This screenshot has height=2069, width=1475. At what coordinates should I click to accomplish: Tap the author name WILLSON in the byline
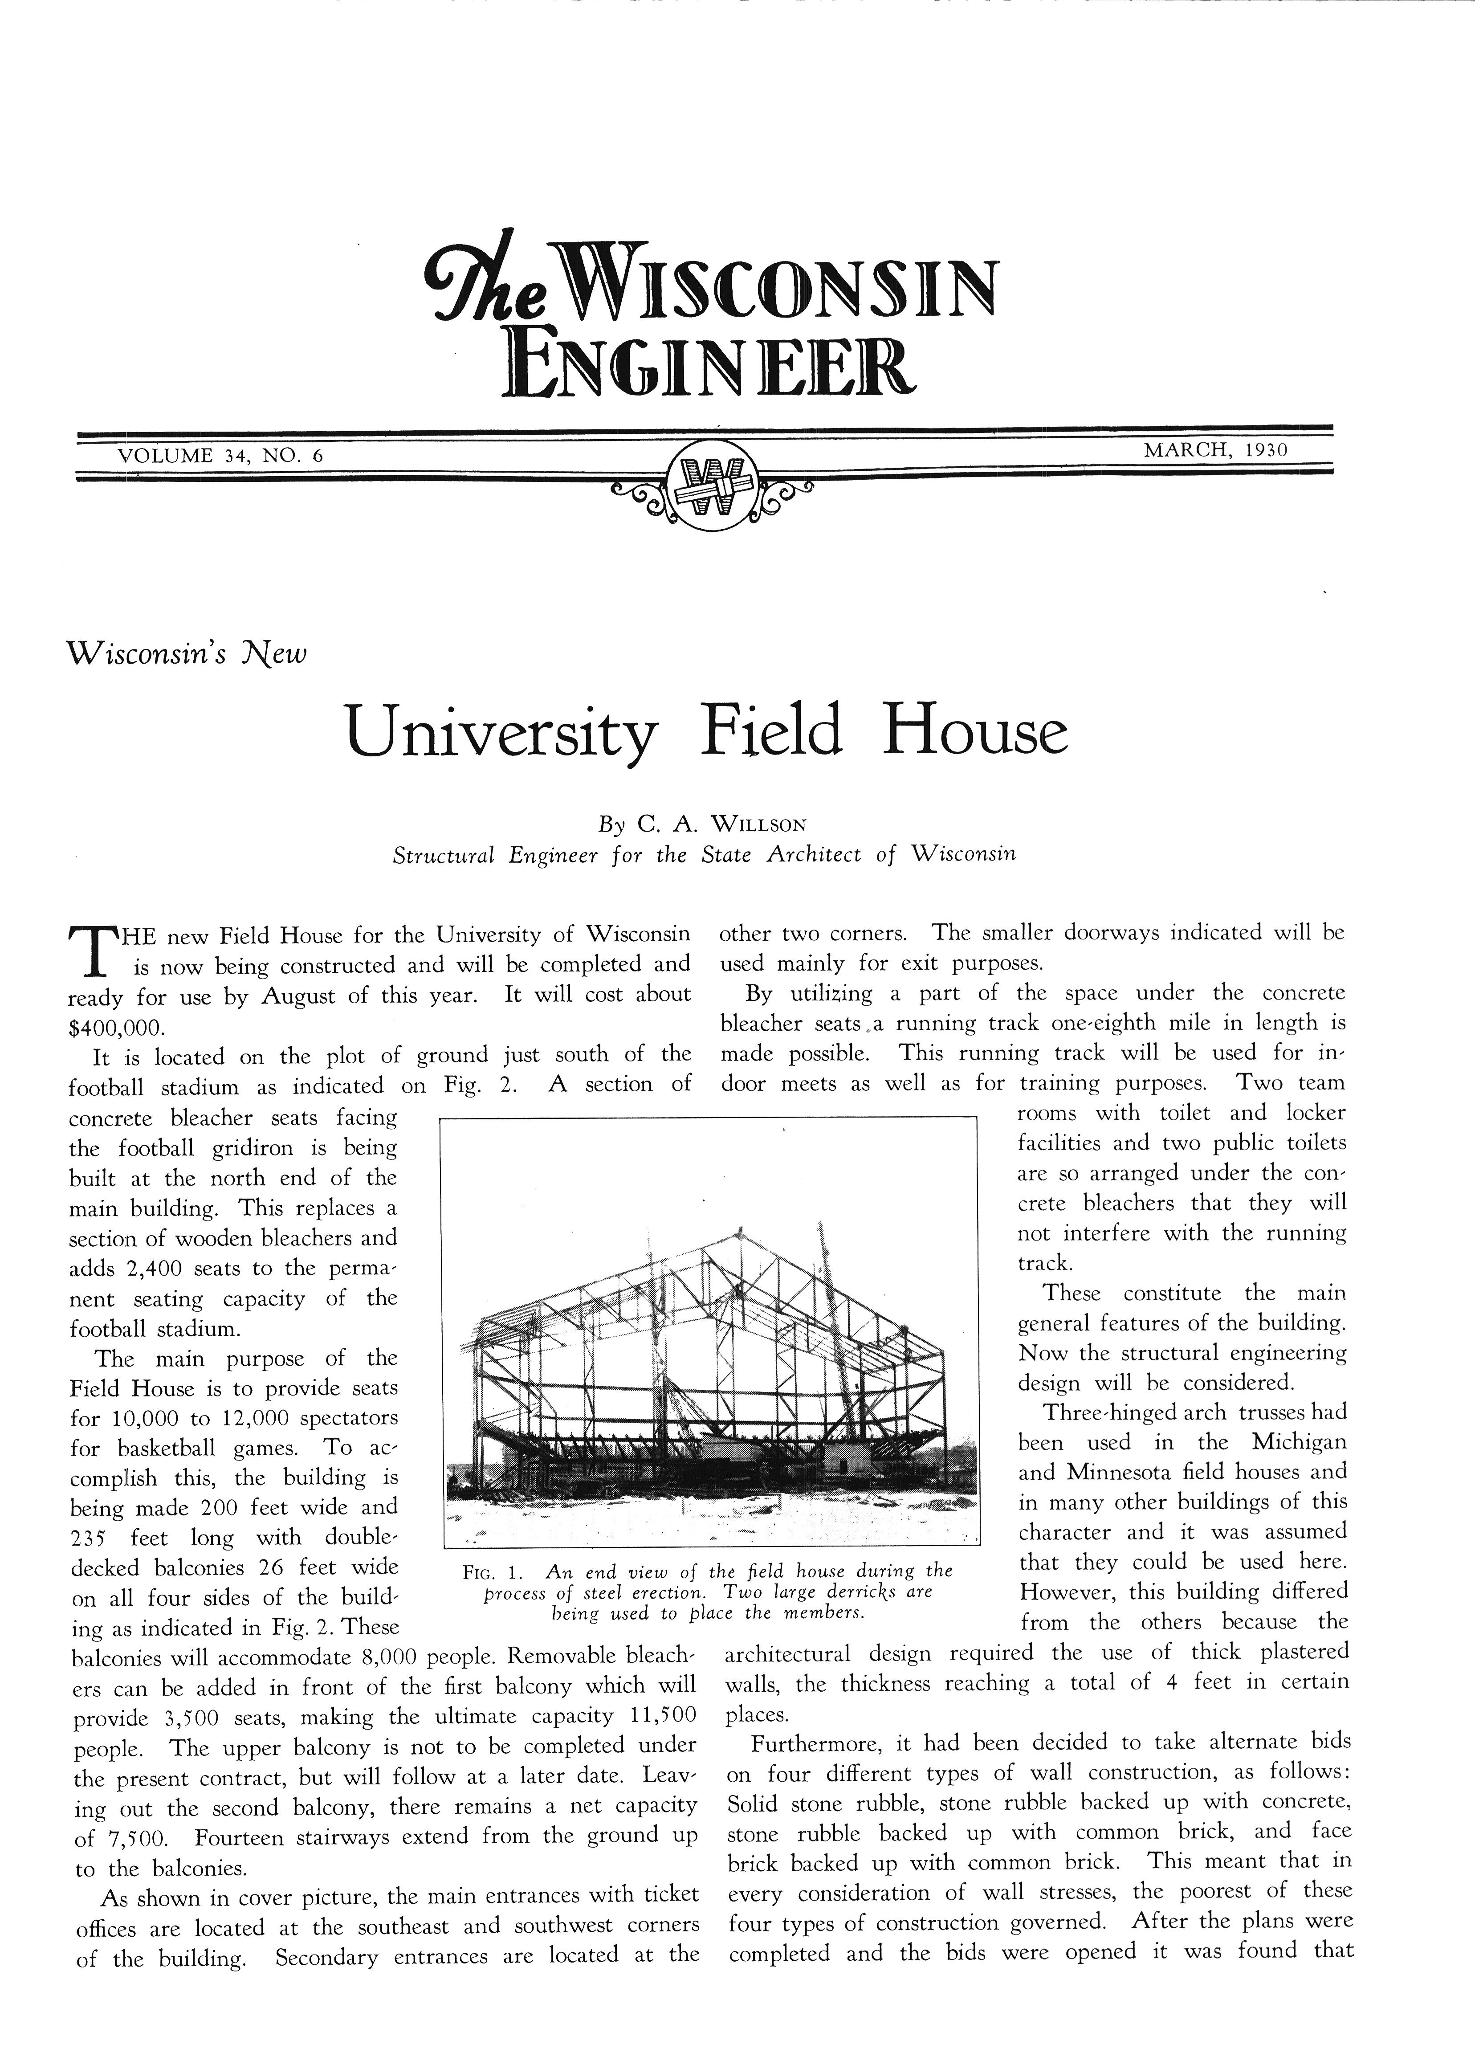pos(758,824)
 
